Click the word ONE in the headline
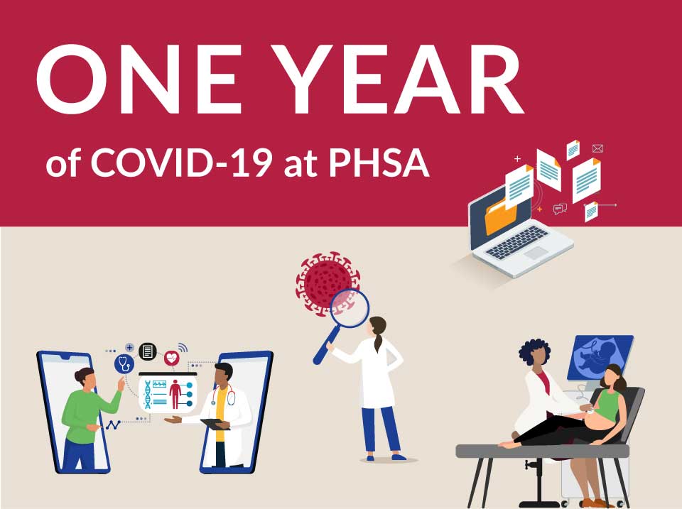(139, 79)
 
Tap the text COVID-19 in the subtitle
(181, 163)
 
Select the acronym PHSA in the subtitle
(379, 163)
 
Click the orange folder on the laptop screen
(501, 216)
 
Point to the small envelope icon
(597, 148)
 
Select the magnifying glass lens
(350, 308)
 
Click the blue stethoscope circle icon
(124, 363)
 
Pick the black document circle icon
(148, 351)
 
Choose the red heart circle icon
(172, 359)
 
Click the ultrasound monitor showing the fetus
(600, 357)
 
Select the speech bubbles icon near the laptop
(560, 209)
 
